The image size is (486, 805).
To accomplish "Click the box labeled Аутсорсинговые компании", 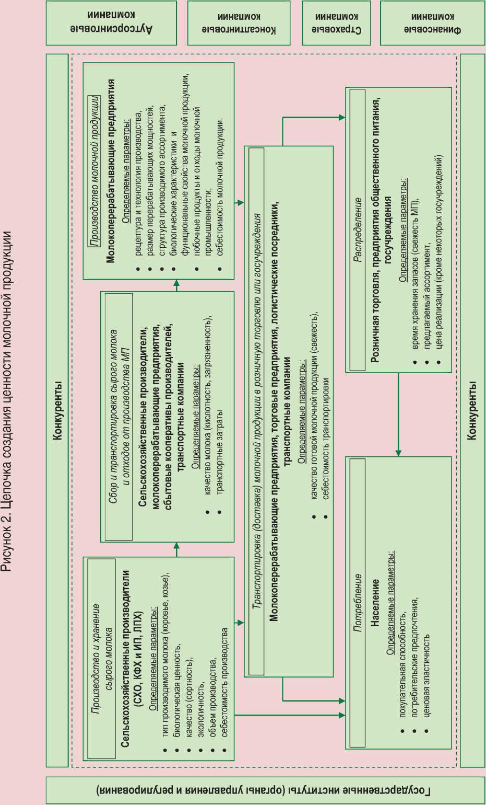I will (111, 23).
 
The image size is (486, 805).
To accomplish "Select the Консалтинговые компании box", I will (239, 23).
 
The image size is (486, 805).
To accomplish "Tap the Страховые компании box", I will (336, 23).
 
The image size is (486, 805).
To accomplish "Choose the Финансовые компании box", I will (432, 23).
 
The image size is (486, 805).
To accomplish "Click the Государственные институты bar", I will (264, 790).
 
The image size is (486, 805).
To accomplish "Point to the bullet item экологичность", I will (200, 716).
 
